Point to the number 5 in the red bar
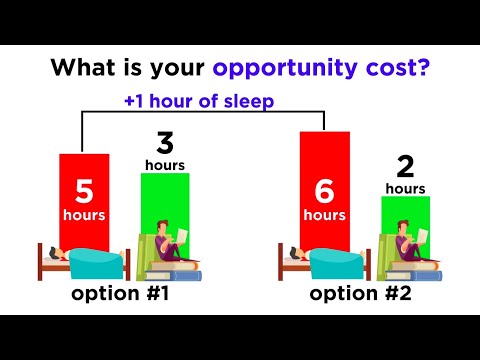click(x=85, y=190)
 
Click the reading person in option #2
click(x=410, y=241)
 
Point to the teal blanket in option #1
click(x=96, y=262)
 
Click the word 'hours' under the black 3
click(x=164, y=163)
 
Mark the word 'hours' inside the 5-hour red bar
click(x=85, y=215)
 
